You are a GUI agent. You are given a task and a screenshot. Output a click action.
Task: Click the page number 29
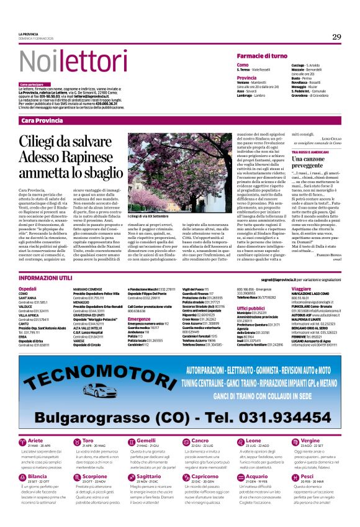pyautogui.click(x=336, y=37)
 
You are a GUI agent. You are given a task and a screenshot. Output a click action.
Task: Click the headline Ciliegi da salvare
pyautogui.click(x=67, y=142)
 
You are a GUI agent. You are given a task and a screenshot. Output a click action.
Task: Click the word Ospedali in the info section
pyautogui.click(x=28, y=289)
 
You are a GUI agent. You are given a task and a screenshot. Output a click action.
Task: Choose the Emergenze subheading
pyautogui.click(x=140, y=319)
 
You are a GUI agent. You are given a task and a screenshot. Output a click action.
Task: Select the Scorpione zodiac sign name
pyautogui.click(x=95, y=477)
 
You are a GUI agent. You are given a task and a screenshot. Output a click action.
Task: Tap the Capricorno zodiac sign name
pyautogui.click(x=205, y=477)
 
